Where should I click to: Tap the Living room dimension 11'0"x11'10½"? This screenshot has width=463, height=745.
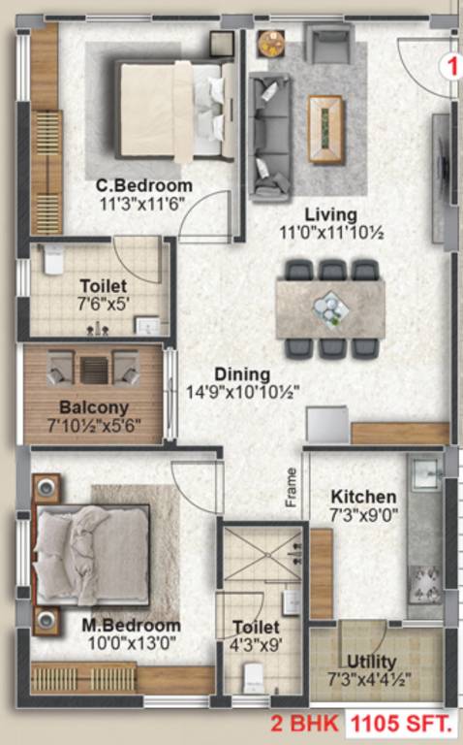coord(318,233)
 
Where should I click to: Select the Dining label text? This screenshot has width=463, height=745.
coord(242,373)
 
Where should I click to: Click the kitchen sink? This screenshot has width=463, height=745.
coord(425,475)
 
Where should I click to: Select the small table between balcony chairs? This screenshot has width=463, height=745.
coord(93,370)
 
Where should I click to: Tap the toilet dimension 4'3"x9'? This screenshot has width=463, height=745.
coord(257,645)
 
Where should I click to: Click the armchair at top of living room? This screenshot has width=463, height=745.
coord(327,45)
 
